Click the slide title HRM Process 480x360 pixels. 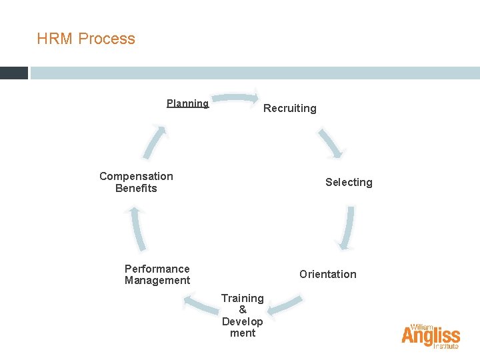pyautogui.click(x=86, y=39)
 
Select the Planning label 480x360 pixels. pyautogui.click(x=187, y=103)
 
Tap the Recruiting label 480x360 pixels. pyautogui.click(x=290, y=108)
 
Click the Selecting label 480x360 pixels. pyautogui.click(x=349, y=182)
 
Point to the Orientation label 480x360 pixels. pyautogui.click(x=327, y=274)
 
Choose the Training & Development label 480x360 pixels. pyautogui.click(x=243, y=315)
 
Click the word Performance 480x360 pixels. pyautogui.click(x=157, y=269)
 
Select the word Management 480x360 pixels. pyautogui.click(x=157, y=281)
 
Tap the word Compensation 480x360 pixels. pyautogui.click(x=136, y=176)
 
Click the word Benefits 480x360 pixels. pyautogui.click(x=136, y=188)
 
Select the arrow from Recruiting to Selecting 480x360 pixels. pyautogui.click(x=331, y=142)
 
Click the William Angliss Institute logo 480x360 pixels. pyautogui.click(x=431, y=337)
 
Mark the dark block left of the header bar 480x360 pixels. pyautogui.click(x=13, y=73)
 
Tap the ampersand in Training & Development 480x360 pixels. pyautogui.click(x=243, y=309)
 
